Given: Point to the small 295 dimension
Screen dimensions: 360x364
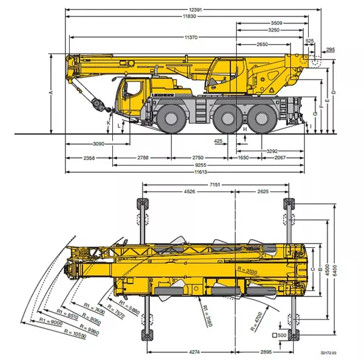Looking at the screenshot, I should pos(330,49).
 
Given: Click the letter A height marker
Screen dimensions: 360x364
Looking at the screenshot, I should pos(52,92).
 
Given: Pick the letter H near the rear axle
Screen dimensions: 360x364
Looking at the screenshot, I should pos(244,129).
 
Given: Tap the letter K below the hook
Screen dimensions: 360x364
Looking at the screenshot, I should pos(109,123).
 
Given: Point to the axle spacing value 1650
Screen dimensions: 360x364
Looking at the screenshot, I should pos(243,158).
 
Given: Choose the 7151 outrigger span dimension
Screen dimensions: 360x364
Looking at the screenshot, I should pos(215,184).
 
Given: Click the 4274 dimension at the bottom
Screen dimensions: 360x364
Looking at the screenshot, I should pos(192,352).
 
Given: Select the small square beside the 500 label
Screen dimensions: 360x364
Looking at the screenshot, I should pos(274,335).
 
